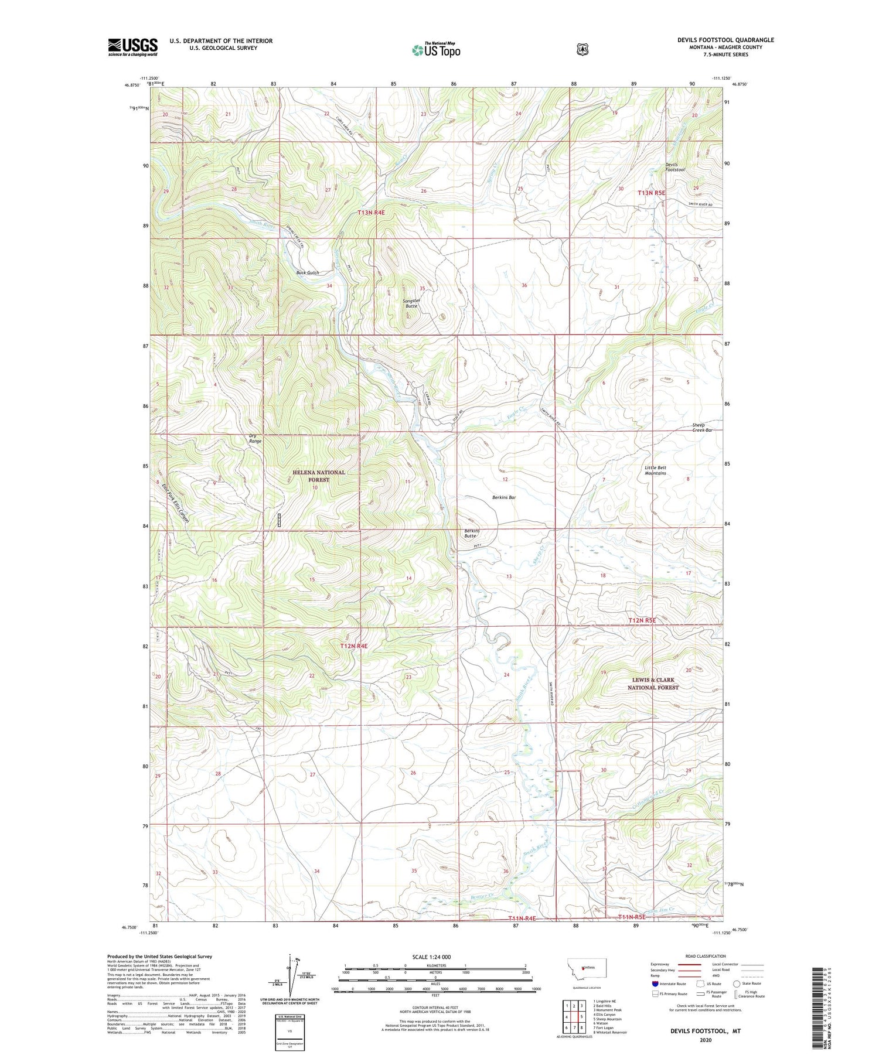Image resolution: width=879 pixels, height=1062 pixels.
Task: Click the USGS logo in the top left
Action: [x=133, y=47]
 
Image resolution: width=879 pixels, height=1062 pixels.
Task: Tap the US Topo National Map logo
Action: [x=436, y=49]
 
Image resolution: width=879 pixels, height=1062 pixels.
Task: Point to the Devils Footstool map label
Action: [x=674, y=167]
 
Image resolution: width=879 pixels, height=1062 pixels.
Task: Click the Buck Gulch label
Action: [x=308, y=273]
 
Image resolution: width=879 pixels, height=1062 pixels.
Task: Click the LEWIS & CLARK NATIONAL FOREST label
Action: [x=653, y=684]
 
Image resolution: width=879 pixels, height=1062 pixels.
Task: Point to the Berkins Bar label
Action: [x=503, y=497]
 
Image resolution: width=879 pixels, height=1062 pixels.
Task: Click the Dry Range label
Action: [x=255, y=438]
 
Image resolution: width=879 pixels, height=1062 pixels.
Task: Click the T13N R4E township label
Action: [x=371, y=213]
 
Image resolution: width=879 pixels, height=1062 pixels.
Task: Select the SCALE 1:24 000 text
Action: [x=435, y=957]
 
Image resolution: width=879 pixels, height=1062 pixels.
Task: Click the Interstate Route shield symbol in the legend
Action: [x=655, y=984]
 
